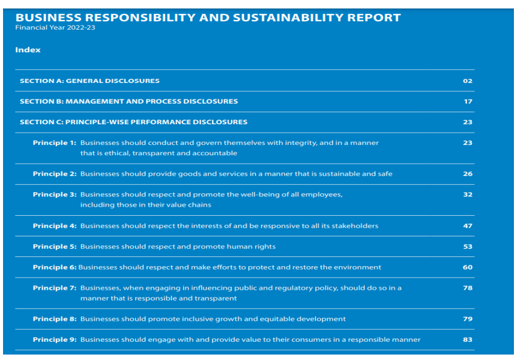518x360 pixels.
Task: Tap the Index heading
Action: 28,50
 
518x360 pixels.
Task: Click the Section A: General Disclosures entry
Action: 90,81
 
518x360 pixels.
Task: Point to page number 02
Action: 467,81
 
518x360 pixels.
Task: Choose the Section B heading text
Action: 128,101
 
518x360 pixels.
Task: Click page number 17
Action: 468,101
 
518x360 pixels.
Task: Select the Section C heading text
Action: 133,122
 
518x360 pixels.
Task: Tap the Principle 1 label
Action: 55,142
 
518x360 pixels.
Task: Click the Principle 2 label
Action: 55,174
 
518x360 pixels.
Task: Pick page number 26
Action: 467,174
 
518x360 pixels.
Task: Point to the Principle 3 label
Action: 55,195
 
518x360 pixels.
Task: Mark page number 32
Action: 467,195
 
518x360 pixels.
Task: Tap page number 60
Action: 467,267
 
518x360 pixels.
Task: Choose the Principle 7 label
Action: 55,288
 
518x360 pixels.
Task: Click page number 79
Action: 467,319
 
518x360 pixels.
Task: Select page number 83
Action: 467,339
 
